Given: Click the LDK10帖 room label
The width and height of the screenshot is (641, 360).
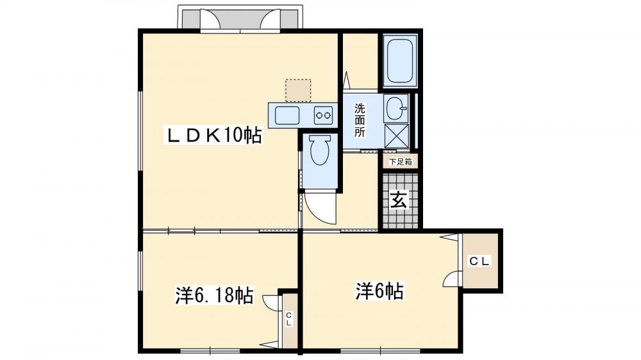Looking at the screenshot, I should (x=214, y=135).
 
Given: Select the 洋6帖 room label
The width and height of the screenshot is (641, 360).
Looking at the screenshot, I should (x=379, y=292).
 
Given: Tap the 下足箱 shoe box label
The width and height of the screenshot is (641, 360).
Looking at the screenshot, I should (x=400, y=162).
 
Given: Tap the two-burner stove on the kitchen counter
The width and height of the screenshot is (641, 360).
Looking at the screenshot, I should (x=322, y=116).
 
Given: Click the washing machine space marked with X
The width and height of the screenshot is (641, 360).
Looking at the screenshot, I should (x=396, y=136).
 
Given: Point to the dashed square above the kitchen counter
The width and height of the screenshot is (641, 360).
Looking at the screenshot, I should (x=298, y=90).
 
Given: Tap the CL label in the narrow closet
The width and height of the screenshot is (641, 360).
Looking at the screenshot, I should (x=289, y=319).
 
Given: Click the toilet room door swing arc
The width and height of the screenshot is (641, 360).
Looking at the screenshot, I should (x=319, y=208).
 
